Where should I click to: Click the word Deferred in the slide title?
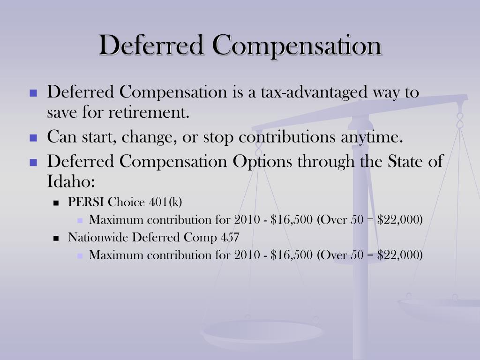[x=152, y=45]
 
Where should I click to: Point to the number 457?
[x=230, y=237]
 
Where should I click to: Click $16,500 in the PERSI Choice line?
[x=292, y=219]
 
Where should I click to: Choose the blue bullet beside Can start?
[x=33, y=138]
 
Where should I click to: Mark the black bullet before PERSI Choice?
[x=56, y=203]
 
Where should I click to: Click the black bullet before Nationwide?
[x=56, y=238]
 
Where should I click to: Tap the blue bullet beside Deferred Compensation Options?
[x=33, y=162]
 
